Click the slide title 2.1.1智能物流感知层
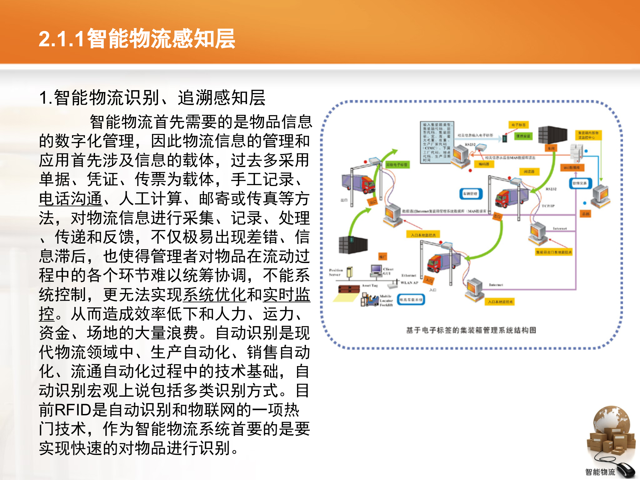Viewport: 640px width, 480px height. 137,39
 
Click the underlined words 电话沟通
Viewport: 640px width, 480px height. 71,199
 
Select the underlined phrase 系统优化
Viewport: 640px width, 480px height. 215,295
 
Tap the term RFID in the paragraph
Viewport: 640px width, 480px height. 73,410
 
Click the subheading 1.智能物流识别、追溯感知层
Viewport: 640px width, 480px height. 152,98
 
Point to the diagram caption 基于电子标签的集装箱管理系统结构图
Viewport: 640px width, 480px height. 471,330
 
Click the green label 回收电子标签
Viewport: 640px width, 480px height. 397,165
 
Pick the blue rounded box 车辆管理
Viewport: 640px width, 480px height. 470,194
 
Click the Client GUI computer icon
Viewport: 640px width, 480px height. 377,270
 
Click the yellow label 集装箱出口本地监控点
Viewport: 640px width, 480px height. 553,252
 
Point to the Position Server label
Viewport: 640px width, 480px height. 336,272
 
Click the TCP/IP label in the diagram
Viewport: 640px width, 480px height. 548,206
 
